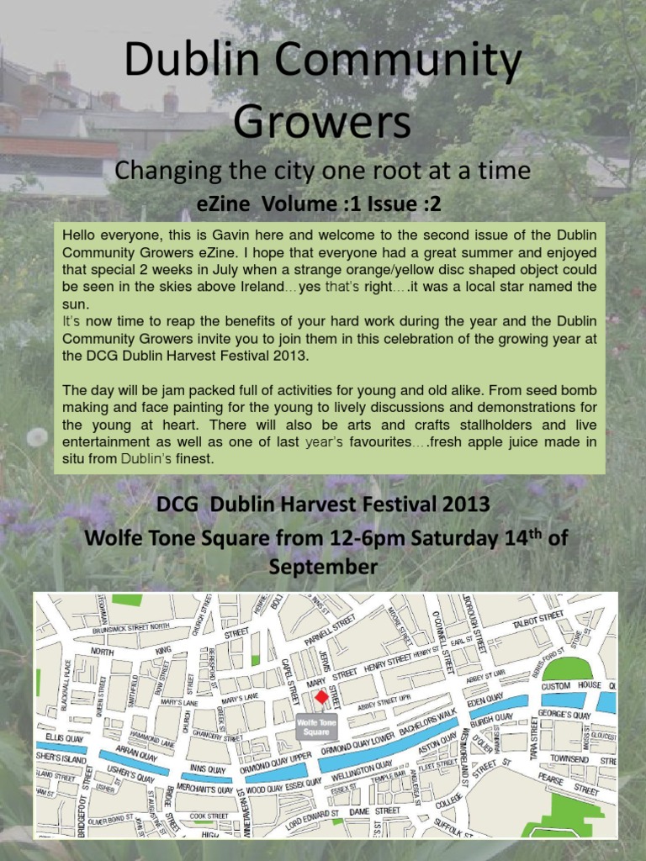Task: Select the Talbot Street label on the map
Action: point(538,619)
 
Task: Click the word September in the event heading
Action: point(323,567)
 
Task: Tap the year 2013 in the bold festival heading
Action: point(460,505)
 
